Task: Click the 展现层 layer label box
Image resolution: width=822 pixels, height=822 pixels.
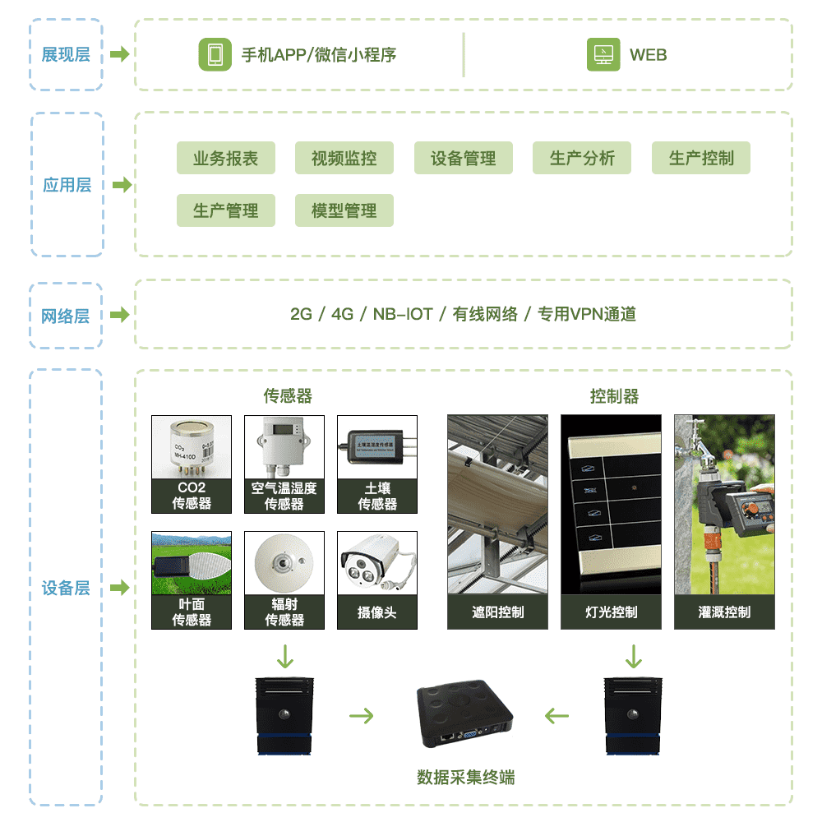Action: click(x=66, y=55)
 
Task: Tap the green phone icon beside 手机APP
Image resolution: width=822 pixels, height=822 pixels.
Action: click(x=215, y=55)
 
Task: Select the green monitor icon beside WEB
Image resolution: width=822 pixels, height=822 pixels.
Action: click(x=603, y=55)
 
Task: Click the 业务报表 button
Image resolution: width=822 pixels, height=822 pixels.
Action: click(x=225, y=158)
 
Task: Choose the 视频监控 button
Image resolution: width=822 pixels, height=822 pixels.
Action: click(x=344, y=158)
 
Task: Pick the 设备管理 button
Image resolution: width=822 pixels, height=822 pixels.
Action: click(x=463, y=158)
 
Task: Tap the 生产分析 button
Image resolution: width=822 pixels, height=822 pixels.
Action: click(x=582, y=158)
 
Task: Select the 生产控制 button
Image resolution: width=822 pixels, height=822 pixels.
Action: click(x=700, y=158)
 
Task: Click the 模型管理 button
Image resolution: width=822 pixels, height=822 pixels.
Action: click(x=344, y=210)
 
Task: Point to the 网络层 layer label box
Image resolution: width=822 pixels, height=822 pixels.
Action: click(x=66, y=316)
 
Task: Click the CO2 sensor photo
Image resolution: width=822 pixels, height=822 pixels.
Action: click(x=192, y=447)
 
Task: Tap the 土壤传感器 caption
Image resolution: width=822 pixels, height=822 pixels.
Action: click(x=377, y=496)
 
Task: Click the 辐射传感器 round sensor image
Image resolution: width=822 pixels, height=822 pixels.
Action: click(x=284, y=563)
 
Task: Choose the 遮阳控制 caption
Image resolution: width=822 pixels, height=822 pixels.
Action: click(x=497, y=612)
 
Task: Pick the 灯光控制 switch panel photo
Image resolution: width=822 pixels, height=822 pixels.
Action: click(x=611, y=504)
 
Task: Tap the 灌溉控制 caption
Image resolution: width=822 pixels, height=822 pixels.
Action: click(x=724, y=612)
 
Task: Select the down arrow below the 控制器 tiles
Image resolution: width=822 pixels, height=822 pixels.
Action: click(x=633, y=657)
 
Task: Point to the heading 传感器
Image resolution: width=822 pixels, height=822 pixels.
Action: click(x=288, y=396)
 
